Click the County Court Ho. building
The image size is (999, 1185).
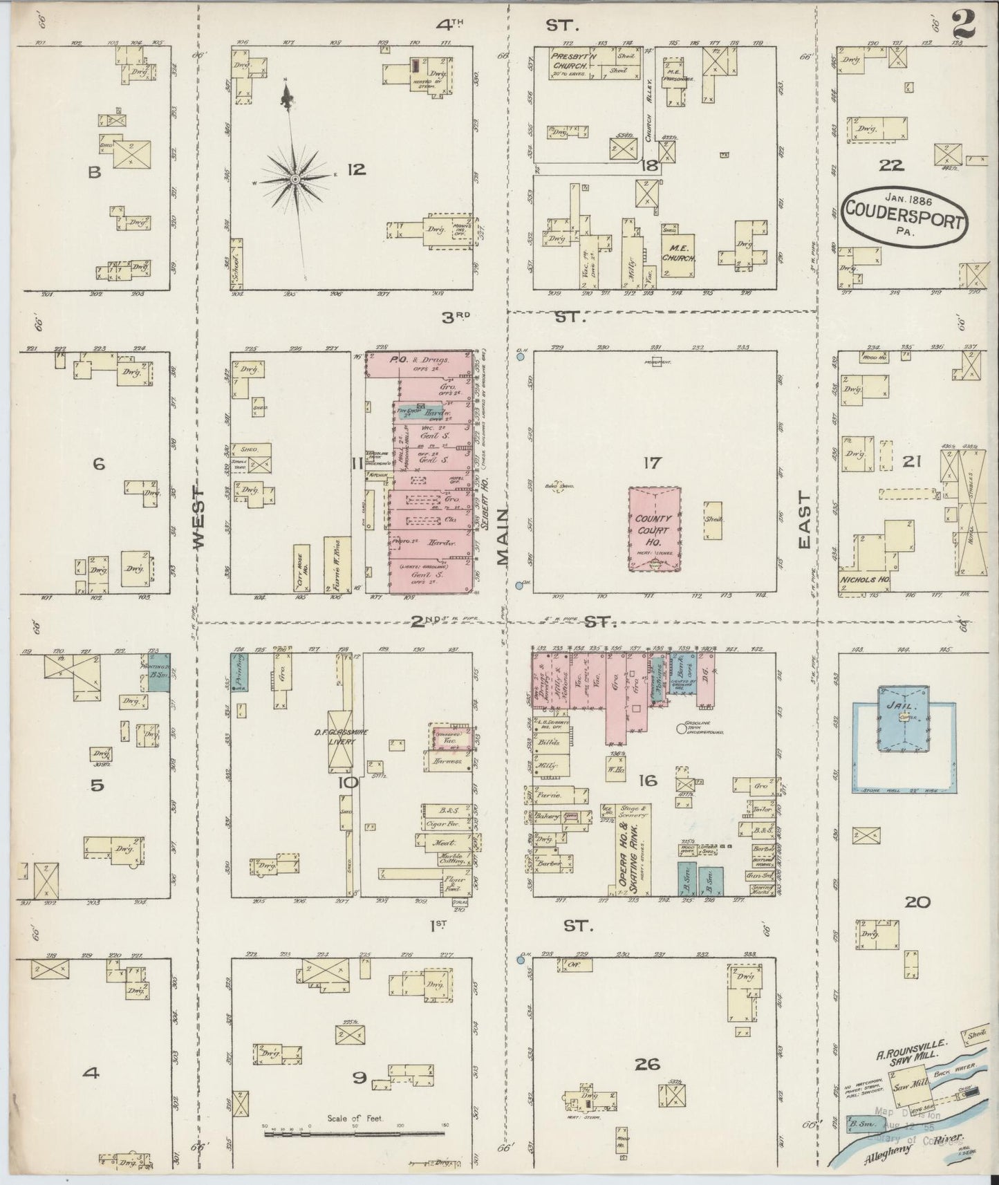click(654, 529)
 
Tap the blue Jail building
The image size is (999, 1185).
click(904, 719)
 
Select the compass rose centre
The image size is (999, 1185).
click(295, 179)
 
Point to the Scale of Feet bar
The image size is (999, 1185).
click(353, 1132)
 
